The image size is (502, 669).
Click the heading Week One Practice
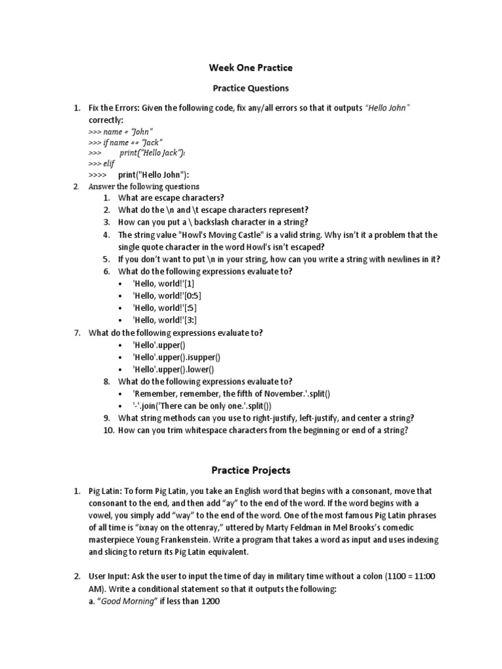point(251,68)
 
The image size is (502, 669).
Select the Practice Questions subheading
point(251,88)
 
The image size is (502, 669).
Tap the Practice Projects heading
point(251,470)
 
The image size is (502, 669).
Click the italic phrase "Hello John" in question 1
point(388,108)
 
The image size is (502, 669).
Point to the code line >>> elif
point(101,164)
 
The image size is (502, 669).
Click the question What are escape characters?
point(171,197)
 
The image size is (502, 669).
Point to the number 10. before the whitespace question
point(109,431)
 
